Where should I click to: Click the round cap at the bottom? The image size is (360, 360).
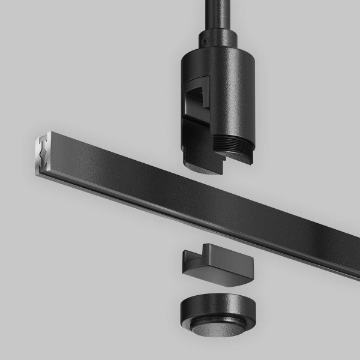[217, 309]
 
